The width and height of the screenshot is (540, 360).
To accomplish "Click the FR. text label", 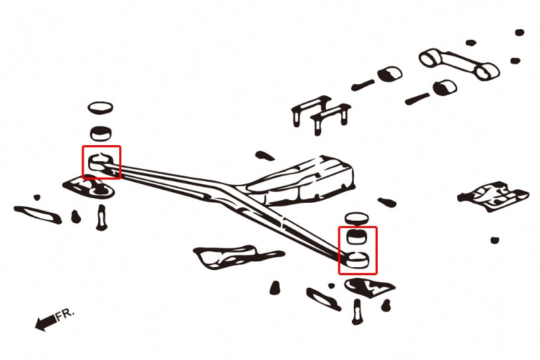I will click(x=66, y=314).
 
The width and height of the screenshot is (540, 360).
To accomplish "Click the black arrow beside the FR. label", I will click(x=44, y=324).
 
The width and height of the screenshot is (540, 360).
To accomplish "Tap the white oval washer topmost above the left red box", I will click(x=100, y=107).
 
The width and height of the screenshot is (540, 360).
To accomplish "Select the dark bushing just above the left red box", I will click(x=100, y=132).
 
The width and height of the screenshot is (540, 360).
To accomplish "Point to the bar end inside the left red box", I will click(x=101, y=162).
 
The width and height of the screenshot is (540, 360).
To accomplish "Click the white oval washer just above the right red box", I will click(x=356, y=219).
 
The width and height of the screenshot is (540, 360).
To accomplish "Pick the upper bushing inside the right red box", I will click(x=357, y=236).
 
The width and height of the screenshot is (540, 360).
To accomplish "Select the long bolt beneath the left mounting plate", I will click(x=101, y=216).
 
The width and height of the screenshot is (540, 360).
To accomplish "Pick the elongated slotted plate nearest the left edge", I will click(x=37, y=213).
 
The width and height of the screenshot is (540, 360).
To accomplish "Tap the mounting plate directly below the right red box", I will click(x=369, y=286).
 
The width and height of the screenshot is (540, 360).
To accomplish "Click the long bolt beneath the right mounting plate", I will click(x=358, y=311).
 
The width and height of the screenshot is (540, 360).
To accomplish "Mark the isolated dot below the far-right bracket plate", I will click(x=494, y=240).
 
